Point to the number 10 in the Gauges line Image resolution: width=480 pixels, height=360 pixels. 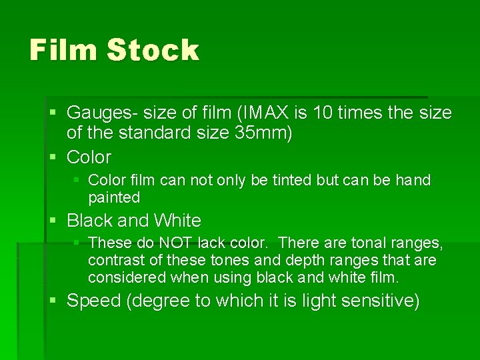(x=308, y=113)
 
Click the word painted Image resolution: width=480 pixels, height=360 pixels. (x=114, y=197)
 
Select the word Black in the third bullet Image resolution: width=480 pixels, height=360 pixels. (x=91, y=220)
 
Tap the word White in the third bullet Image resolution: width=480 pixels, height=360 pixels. (x=177, y=220)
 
